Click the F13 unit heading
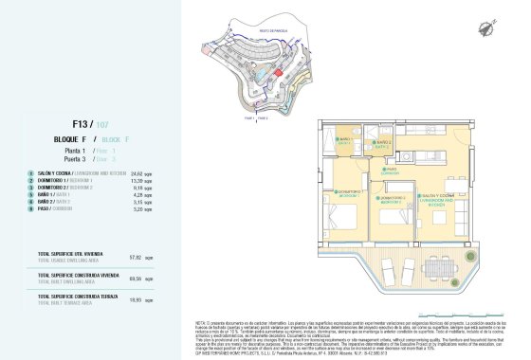(x=82, y=123)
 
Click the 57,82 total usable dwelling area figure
(x=135, y=257)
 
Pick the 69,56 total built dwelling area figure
(x=135, y=279)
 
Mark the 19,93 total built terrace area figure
(x=135, y=300)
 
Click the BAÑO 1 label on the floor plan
(x=345, y=141)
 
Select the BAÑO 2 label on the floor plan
(x=380, y=145)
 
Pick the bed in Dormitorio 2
(x=391, y=234)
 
